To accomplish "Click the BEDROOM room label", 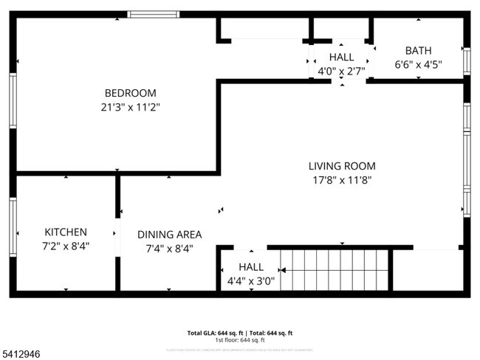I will [130, 93].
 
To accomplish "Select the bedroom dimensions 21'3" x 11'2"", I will [130, 107].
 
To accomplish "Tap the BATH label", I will [418, 50].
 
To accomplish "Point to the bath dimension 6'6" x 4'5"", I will [418, 64].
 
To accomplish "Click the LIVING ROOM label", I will [342, 166].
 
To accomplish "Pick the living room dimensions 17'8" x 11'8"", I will [342, 180].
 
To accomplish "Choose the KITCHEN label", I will [66, 232].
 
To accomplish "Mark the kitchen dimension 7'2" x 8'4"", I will [66, 246].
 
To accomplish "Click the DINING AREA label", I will [169, 235].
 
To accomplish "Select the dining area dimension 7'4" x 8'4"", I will [169, 249].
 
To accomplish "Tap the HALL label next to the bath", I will [341, 57].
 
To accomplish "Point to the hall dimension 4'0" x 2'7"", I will [341, 71].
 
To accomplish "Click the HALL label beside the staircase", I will [251, 266].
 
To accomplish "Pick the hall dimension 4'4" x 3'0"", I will [251, 280].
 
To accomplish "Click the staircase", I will [335, 270].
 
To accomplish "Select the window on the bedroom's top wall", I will [153, 14].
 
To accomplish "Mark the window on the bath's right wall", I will [466, 62].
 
